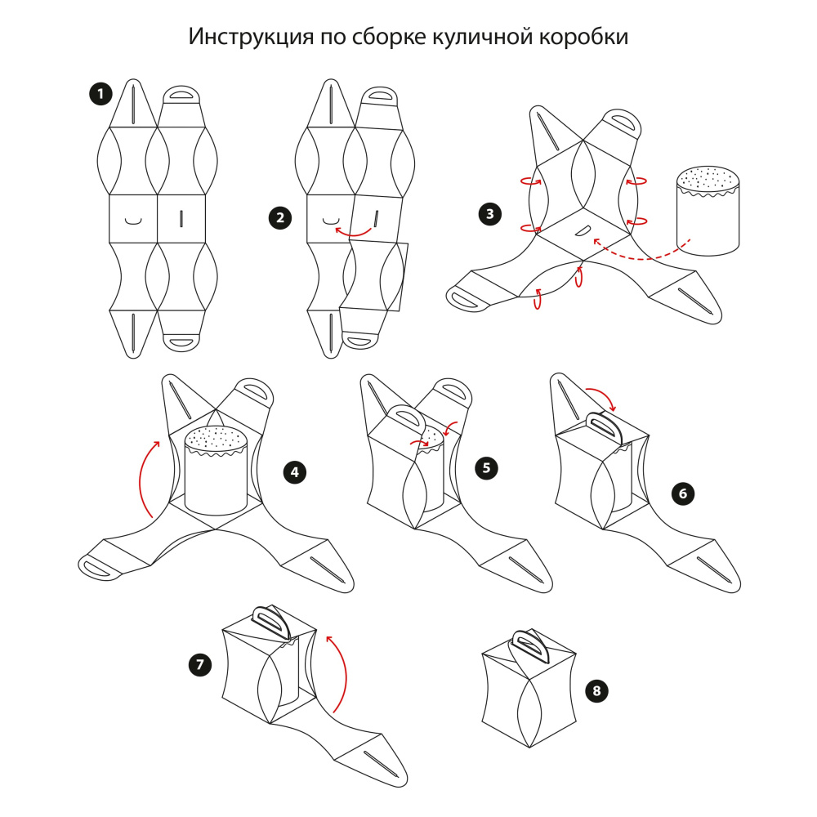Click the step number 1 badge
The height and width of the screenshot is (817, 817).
(100, 95)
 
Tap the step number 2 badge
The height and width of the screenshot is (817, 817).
(280, 217)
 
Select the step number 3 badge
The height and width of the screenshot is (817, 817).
(489, 215)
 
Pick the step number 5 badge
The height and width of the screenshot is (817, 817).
(487, 468)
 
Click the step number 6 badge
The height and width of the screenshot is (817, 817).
(682, 493)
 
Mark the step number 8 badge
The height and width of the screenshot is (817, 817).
(597, 691)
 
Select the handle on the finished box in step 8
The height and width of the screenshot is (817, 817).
(530, 645)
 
